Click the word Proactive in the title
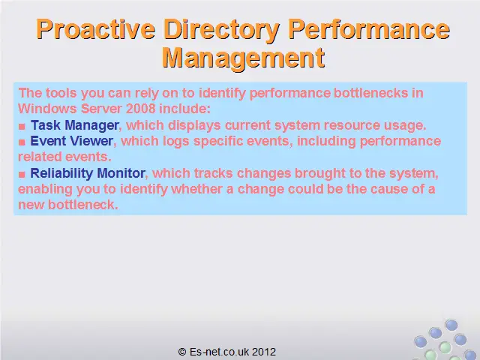95,29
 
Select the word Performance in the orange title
369,29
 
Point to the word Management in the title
243,58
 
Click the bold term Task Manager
75,125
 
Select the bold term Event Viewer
72,141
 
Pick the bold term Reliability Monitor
88,173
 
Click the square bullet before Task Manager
22,127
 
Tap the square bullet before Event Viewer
22,142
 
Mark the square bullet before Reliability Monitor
22,175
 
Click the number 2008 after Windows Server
140,109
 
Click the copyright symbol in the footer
182,352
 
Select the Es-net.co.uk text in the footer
220,352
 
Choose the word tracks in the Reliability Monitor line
213,173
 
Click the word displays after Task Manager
194,126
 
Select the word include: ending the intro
185,109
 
